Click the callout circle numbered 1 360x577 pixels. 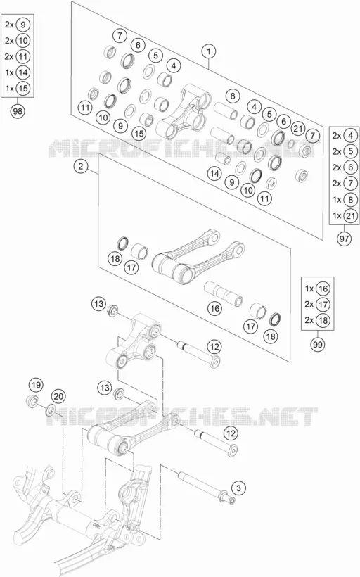(x=209, y=51)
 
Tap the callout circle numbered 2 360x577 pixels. (x=81, y=166)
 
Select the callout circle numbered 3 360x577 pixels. (x=238, y=488)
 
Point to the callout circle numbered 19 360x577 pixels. (x=36, y=386)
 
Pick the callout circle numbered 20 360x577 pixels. (x=58, y=396)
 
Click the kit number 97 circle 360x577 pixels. (x=344, y=239)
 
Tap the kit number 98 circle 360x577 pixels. (x=18, y=111)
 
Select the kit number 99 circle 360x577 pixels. (x=317, y=344)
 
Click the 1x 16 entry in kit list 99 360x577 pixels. (x=317, y=288)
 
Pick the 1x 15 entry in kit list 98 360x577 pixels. (x=18, y=89)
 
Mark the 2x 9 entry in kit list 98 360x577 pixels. (x=18, y=25)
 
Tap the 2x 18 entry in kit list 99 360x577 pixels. (x=317, y=320)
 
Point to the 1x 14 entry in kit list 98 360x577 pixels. (x=18, y=72)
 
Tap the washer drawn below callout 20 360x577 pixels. (x=51, y=410)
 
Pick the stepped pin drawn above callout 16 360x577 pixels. (x=223, y=293)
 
